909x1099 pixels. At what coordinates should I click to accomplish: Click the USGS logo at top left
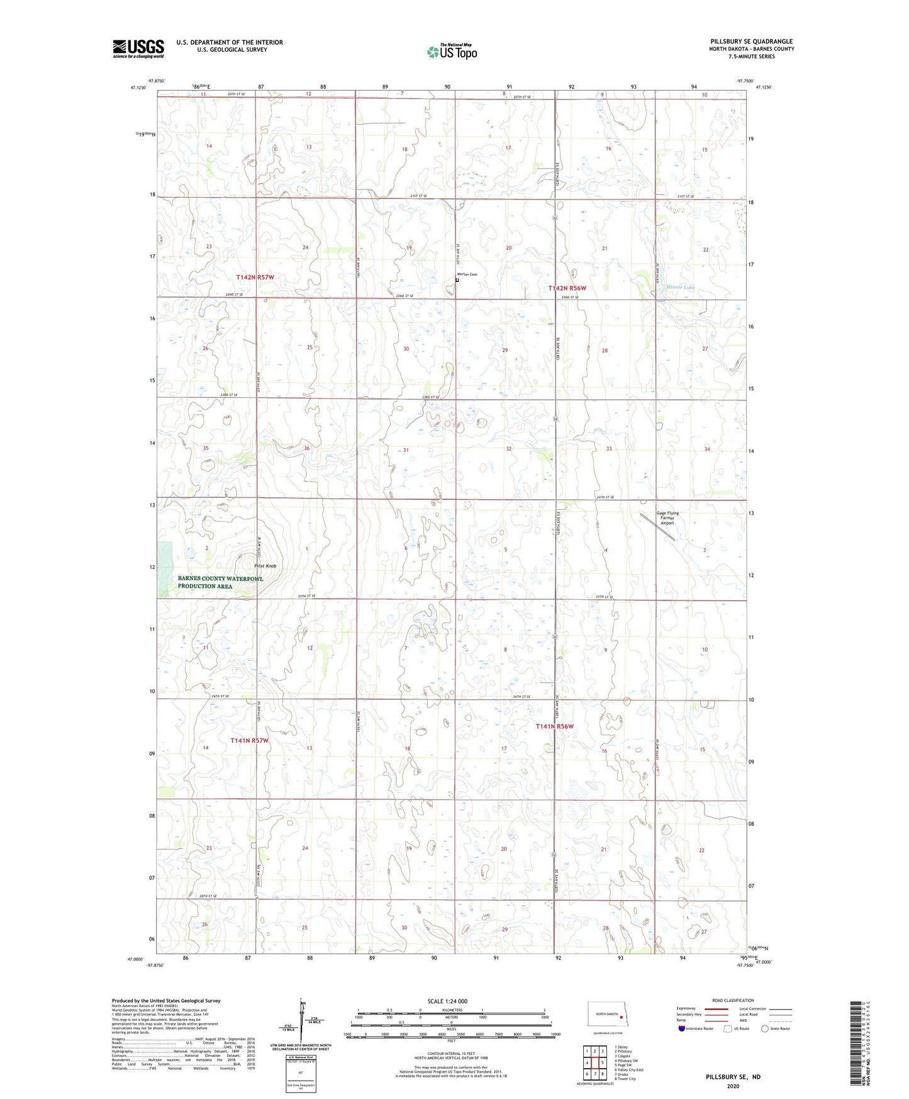click(x=138, y=48)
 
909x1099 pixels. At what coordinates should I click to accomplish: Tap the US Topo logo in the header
click(x=452, y=52)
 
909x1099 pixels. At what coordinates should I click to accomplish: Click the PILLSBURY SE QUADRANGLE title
click(x=751, y=42)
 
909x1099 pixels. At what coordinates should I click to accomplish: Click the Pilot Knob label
click(x=265, y=566)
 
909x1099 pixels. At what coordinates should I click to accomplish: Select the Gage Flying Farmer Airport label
click(x=667, y=517)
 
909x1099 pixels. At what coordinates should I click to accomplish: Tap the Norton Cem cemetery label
click(x=467, y=274)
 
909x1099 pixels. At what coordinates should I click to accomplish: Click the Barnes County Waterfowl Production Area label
click(x=220, y=582)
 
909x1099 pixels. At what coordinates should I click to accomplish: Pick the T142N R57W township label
click(x=255, y=277)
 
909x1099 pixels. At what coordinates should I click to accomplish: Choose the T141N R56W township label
click(x=555, y=726)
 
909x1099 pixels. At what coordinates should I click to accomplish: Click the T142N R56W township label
click(x=566, y=288)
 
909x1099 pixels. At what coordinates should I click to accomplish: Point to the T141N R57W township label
click(x=249, y=740)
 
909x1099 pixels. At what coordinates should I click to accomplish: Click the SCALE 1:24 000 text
click(x=447, y=1001)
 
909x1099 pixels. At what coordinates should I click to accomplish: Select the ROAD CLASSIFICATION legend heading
click(x=733, y=1000)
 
